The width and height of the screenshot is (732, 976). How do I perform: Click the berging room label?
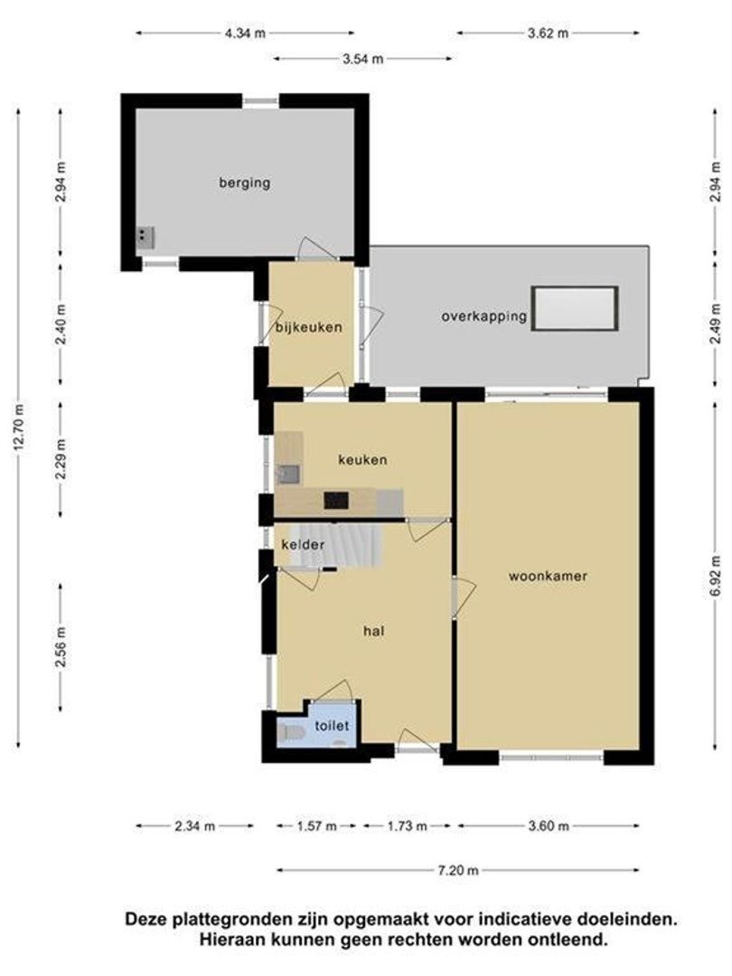tap(244, 183)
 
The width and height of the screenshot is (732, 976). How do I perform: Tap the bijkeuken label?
tap(309, 327)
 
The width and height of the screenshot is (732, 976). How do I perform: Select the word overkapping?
tap(483, 316)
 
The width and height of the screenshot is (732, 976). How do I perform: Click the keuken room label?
tap(362, 459)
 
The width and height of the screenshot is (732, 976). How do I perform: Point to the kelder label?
tap(302, 545)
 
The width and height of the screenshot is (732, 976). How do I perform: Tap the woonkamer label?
tap(548, 575)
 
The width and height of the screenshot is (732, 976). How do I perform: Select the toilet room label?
tap(332, 725)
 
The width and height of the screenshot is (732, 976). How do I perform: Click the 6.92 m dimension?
tap(716, 575)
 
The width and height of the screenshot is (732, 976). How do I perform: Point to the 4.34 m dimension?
tap(245, 33)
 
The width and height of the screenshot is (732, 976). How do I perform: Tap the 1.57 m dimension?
tap(317, 825)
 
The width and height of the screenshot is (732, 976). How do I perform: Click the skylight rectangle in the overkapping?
tap(576, 309)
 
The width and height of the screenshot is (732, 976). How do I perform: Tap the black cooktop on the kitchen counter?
tap(336, 499)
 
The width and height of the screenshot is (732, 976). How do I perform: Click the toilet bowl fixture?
tap(291, 733)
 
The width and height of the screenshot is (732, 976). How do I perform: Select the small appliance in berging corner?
tap(145, 237)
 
